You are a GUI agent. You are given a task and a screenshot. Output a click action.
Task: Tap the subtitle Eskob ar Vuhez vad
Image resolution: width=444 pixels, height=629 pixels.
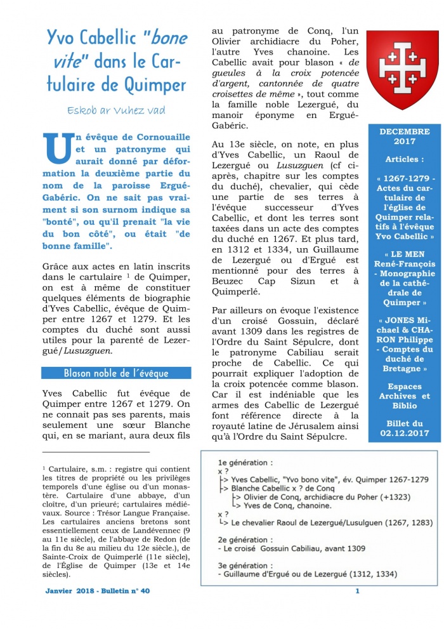click(x=117, y=110)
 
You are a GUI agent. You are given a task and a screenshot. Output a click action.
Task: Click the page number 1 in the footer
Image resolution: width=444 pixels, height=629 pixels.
click(x=357, y=591)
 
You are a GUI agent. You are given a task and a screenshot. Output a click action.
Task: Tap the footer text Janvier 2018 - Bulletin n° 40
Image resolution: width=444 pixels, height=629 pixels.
click(x=98, y=591)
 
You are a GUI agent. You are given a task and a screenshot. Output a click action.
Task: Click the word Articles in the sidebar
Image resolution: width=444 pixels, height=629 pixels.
click(x=404, y=159)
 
